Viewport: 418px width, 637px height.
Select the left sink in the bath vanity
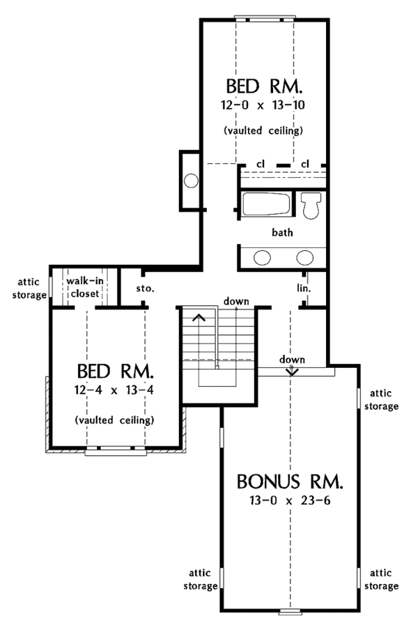point(262,257)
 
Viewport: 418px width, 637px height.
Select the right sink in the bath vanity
point(304,257)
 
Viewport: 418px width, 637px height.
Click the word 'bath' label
point(281,232)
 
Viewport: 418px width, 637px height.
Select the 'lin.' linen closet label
point(302,287)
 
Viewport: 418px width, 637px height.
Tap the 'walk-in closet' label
point(84,287)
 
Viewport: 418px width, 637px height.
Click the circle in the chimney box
point(191,182)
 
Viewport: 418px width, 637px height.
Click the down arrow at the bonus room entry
point(292,371)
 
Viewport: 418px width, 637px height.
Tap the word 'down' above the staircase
point(236,300)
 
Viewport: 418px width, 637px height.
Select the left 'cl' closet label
point(260,164)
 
